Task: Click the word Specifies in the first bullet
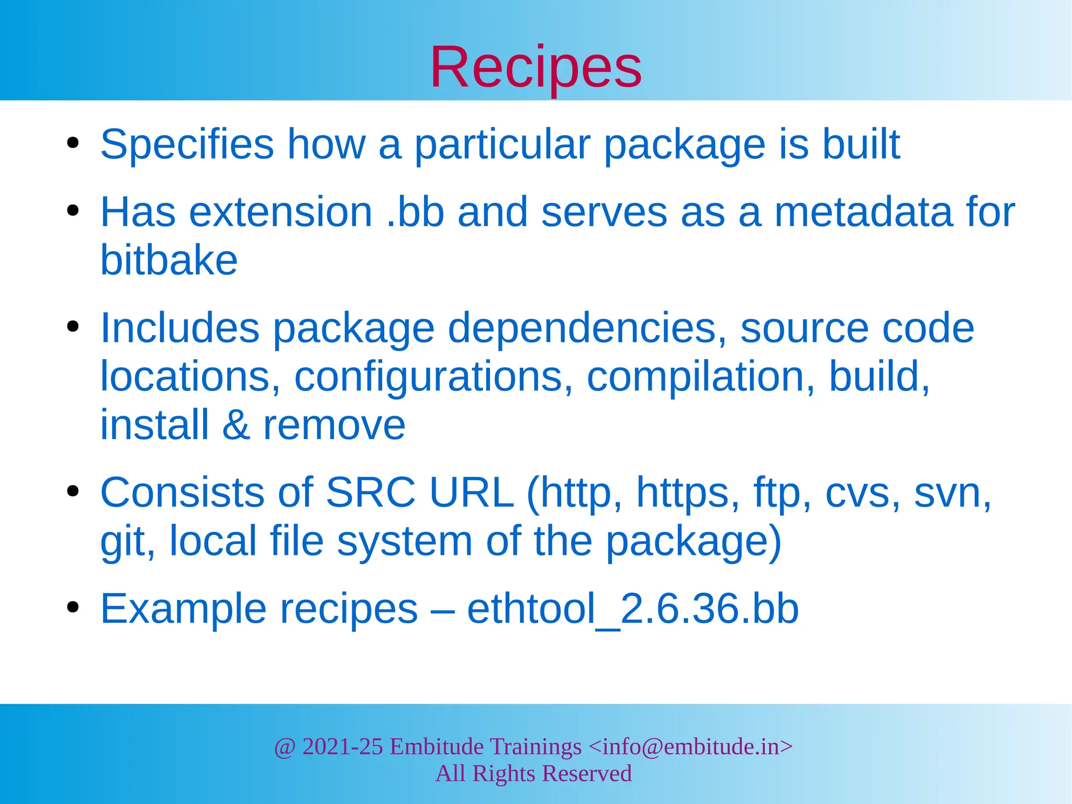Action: [187, 144]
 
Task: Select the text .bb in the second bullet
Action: [415, 212]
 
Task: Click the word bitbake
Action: [169, 260]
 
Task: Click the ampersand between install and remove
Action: [236, 425]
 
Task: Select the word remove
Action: [334, 425]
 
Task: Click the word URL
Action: [471, 493]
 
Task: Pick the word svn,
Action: [952, 493]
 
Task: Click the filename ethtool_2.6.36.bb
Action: [632, 609]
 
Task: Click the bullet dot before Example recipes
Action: [73, 607]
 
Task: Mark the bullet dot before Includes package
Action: [73, 327]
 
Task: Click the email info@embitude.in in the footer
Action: [690, 746]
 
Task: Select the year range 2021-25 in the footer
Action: [342, 746]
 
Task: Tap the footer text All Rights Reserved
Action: [533, 774]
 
